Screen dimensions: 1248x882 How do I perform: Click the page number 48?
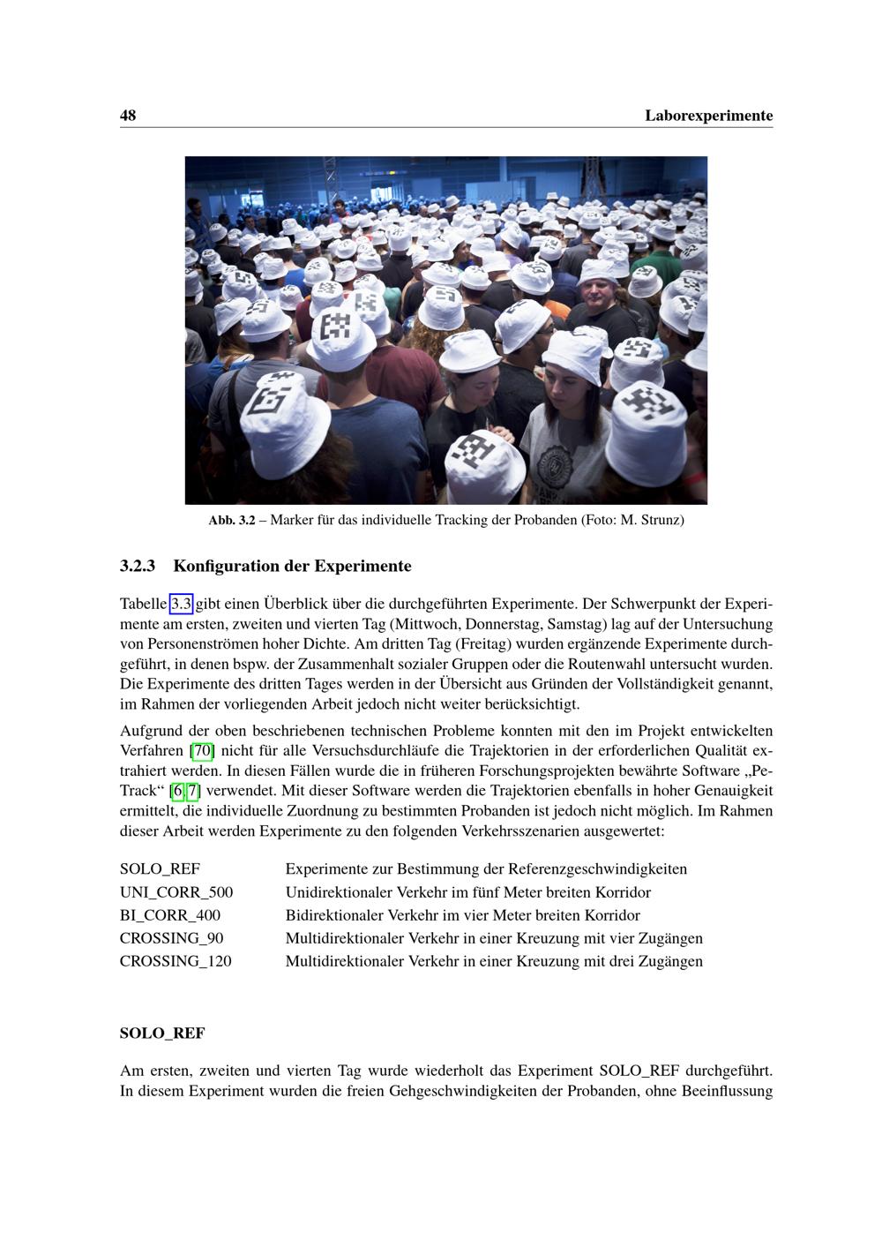tap(128, 116)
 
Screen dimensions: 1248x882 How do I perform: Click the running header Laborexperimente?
tap(708, 116)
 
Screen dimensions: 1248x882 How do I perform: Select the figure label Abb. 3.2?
tap(231, 520)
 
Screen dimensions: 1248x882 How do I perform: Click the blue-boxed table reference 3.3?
tap(181, 605)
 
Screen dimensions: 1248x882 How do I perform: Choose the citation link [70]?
tap(203, 751)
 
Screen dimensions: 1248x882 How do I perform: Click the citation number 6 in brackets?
tap(178, 791)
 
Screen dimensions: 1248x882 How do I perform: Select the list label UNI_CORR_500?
tap(176, 892)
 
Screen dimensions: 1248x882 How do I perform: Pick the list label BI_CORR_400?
tap(170, 915)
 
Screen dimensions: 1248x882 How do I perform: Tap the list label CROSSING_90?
tap(171, 938)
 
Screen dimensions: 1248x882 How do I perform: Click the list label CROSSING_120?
tap(176, 961)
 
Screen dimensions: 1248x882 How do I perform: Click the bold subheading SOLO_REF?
tap(162, 1033)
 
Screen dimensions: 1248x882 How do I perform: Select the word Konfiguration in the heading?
tap(227, 566)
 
